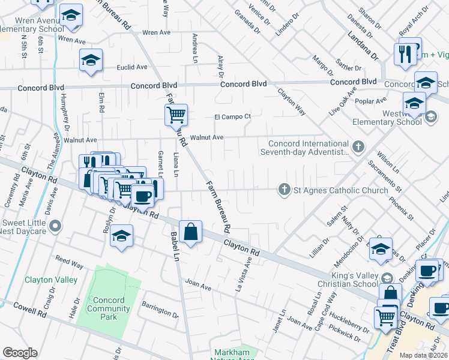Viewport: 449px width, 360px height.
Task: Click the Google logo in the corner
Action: point(20,353)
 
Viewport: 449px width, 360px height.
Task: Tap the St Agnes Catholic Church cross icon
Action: point(285,190)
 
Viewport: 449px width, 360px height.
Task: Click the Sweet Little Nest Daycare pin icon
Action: point(55,226)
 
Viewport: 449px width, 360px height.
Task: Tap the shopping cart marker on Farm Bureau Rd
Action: point(176,114)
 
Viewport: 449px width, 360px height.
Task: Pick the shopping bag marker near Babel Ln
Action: point(190,231)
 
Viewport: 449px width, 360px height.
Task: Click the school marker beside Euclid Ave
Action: point(91,59)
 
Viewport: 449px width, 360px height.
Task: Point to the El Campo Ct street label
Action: point(232,117)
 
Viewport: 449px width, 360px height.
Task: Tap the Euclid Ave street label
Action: point(132,67)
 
